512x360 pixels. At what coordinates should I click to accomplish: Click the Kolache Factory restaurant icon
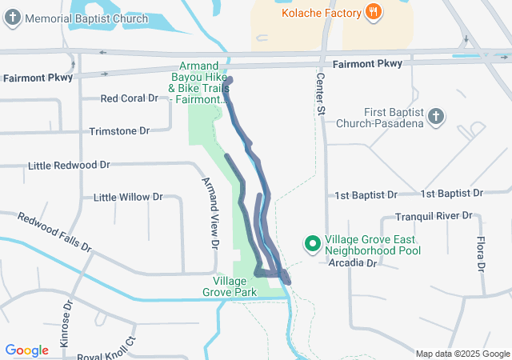tap(372, 12)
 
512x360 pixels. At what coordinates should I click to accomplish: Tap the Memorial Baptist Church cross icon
tap(13, 18)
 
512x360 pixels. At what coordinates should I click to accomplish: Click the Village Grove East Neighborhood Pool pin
tap(313, 242)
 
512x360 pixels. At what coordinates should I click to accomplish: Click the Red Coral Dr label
tap(130, 98)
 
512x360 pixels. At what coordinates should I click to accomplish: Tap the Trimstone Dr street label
tap(120, 130)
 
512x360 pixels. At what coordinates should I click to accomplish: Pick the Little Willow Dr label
tap(128, 197)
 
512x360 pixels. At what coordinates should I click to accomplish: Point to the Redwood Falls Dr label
tap(54, 231)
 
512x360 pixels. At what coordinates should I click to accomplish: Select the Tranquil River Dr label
tap(434, 217)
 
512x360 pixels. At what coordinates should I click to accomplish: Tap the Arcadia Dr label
tap(351, 262)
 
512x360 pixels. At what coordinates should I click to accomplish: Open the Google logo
tap(26, 350)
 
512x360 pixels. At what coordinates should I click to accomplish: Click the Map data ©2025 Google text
tap(462, 354)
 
